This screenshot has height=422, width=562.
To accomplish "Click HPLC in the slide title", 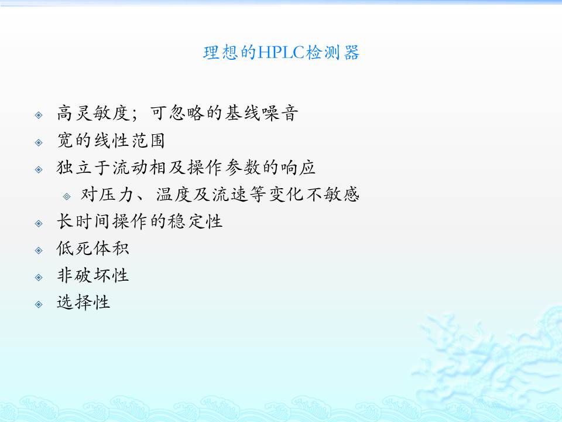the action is pyautogui.click(x=280, y=53).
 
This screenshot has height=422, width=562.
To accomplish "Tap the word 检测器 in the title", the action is pyautogui.click(x=333, y=53).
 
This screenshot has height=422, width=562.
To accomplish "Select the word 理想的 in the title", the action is pyautogui.click(x=229, y=53).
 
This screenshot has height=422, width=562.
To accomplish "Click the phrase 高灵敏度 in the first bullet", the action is pyautogui.click(x=93, y=113).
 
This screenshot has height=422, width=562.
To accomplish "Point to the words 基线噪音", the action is pyautogui.click(x=261, y=113).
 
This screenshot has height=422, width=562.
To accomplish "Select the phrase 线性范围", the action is pyautogui.click(x=129, y=140).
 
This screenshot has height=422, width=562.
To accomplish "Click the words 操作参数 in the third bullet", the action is pyautogui.click(x=224, y=168).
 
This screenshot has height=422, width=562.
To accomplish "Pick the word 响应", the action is pyautogui.click(x=298, y=168).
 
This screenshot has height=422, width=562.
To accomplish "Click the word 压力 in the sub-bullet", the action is pyautogui.click(x=116, y=195).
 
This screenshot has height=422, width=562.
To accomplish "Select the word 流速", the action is pyautogui.click(x=229, y=195).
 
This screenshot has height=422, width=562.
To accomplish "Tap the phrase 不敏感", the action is pyautogui.click(x=331, y=195).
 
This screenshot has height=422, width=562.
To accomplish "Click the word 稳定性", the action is pyautogui.click(x=196, y=222).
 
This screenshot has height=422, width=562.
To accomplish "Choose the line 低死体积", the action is pyautogui.click(x=93, y=249).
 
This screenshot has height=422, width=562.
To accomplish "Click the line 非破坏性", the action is pyautogui.click(x=93, y=275).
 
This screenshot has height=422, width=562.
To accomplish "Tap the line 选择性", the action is pyautogui.click(x=84, y=302).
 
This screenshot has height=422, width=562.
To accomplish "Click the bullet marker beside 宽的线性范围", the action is pyautogui.click(x=39, y=142).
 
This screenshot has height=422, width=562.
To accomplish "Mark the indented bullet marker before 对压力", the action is pyautogui.click(x=67, y=196).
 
